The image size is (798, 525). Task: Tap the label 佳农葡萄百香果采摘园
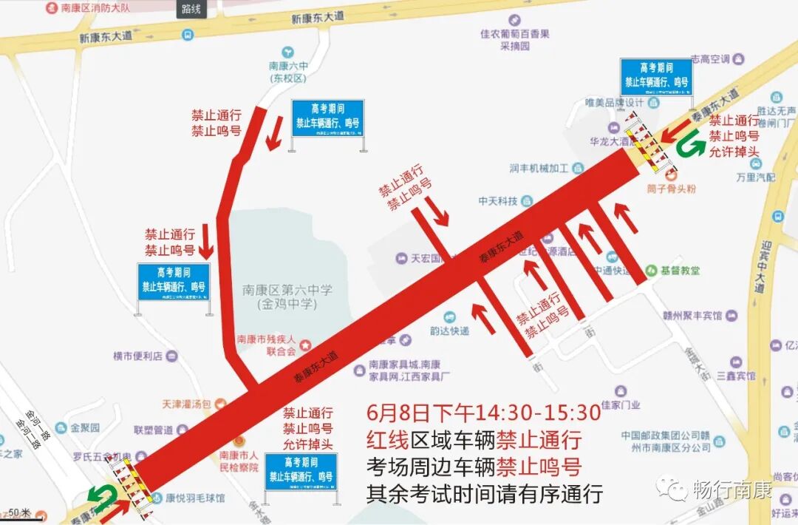[x=514, y=40]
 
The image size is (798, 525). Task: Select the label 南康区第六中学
[x=287, y=290]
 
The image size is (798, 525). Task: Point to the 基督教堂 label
[x=680, y=271]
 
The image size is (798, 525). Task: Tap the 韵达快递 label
[x=448, y=331]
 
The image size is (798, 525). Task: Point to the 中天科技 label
[x=497, y=200]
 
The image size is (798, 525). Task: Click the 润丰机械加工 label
[x=538, y=168]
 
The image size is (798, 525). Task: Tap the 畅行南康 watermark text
[x=731, y=490]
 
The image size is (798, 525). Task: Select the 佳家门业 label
[x=620, y=404]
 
